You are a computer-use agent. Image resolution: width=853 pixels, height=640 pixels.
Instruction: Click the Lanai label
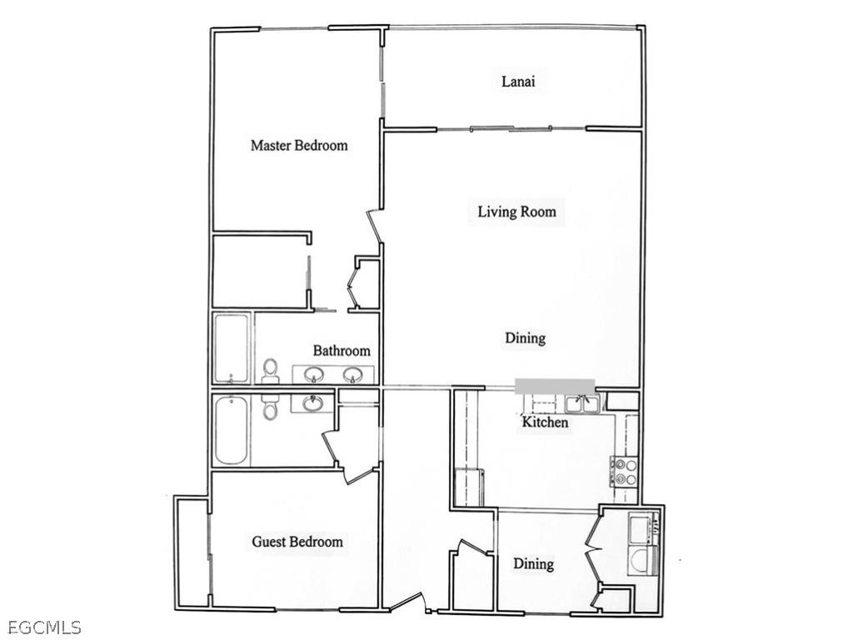click(x=517, y=82)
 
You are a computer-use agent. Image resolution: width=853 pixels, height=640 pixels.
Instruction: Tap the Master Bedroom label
click(x=299, y=145)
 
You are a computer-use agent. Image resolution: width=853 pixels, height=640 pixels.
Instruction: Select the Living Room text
click(x=516, y=212)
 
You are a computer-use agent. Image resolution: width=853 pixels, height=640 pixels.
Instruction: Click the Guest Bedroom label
click(x=297, y=542)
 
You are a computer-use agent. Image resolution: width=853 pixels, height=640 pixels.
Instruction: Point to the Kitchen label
click(x=545, y=422)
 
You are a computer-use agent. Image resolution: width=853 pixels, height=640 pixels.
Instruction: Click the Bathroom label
click(x=342, y=351)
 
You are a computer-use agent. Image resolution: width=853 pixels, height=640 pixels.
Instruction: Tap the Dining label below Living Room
click(x=525, y=337)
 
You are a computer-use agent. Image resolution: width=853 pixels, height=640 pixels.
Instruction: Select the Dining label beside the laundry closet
click(x=533, y=564)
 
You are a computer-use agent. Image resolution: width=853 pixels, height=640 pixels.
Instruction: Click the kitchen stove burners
click(x=626, y=472)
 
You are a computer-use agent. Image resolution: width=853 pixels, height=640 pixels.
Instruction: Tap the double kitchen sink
click(x=582, y=404)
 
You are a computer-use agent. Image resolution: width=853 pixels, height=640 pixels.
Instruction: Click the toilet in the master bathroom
click(x=270, y=372)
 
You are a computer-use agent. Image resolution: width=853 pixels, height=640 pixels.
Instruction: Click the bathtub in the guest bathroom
click(x=231, y=431)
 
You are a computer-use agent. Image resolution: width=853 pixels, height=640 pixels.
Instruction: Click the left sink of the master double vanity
click(x=315, y=374)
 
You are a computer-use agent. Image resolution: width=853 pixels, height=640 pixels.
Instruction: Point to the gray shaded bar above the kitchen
click(x=555, y=385)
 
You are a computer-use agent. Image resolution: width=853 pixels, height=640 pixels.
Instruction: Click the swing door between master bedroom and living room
click(x=374, y=226)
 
